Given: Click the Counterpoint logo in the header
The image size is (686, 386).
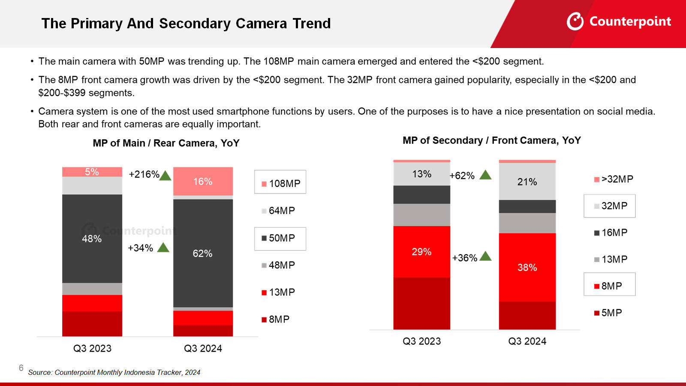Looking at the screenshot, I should click(619, 21).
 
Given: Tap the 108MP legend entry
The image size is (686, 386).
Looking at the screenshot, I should click(280, 183).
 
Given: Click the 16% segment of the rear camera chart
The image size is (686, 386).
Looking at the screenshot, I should click(203, 181).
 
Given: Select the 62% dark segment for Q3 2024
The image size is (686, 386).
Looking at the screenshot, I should click(203, 253).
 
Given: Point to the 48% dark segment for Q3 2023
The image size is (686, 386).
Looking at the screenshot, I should click(92, 238).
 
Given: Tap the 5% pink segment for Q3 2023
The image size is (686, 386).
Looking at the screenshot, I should click(92, 172).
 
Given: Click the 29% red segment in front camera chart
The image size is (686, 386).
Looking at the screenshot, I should click(421, 252).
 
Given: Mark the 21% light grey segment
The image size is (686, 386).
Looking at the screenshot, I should click(527, 182).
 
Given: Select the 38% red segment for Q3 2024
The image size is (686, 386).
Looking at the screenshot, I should click(527, 268).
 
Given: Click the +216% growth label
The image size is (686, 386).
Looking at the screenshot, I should click(144, 175).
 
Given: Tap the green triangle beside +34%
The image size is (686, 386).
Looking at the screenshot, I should click(163, 247).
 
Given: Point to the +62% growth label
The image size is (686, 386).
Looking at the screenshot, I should click(462, 176).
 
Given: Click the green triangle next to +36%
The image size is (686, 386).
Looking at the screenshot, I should click(485, 256).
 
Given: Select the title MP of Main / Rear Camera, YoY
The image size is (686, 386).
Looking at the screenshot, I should click(166, 143).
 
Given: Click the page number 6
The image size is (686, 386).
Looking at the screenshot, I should click(21, 368).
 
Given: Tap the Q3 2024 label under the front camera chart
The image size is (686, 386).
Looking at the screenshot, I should click(527, 341).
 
